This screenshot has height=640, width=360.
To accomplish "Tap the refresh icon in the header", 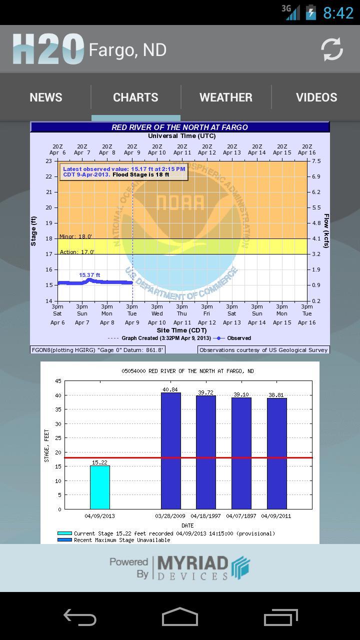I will [332, 49].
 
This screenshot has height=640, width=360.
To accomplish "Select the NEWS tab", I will [46, 97].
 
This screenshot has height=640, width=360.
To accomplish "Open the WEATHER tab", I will [226, 97].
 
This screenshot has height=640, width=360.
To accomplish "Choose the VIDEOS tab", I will [316, 97].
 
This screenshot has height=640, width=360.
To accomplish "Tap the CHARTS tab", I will [135, 97].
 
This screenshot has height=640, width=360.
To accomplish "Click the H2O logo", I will [48, 49].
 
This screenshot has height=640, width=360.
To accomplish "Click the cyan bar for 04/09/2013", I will [100, 487].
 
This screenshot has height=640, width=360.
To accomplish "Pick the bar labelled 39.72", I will [206, 452].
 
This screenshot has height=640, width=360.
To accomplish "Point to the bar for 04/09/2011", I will [277, 453].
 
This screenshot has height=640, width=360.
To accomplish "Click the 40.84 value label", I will [170, 389].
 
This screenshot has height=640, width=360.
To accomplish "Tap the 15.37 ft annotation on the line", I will [89, 275].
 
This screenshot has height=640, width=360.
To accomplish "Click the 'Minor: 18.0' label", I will [76, 236].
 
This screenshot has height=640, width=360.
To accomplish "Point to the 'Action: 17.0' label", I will [77, 252].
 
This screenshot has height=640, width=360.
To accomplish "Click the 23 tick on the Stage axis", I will [48, 161].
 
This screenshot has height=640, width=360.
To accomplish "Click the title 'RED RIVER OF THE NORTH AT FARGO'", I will [179, 127].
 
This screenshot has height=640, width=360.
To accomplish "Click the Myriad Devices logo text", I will [192, 568].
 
